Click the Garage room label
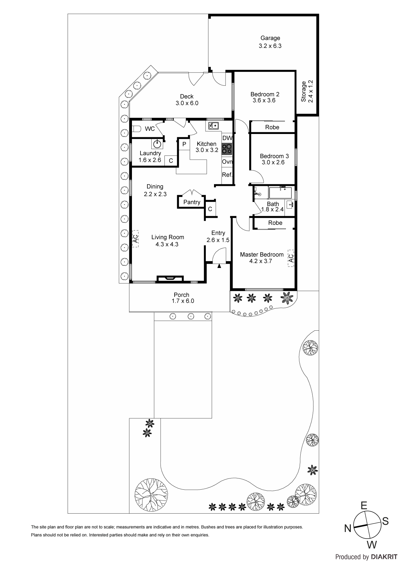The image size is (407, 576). pyautogui.click(x=270, y=38)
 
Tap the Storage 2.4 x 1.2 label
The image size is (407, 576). pyautogui.click(x=307, y=91)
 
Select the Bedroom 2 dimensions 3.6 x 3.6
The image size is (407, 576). pyautogui.click(x=264, y=100)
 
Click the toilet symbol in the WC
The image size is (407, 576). pyautogui.click(x=136, y=128)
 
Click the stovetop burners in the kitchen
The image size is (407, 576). pyautogui.click(x=227, y=149)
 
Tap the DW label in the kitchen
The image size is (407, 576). pyautogui.click(x=227, y=138)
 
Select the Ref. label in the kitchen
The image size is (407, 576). pyautogui.click(x=227, y=175)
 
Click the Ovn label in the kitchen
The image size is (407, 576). pyautogui.click(x=227, y=162)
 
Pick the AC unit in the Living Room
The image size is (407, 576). pyautogui.click(x=135, y=238)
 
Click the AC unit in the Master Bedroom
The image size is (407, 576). pyautogui.click(x=290, y=256)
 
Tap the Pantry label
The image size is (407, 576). pyautogui.click(x=192, y=202)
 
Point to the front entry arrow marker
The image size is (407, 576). pyautogui.click(x=219, y=266)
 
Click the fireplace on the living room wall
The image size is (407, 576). pyautogui.click(x=170, y=278)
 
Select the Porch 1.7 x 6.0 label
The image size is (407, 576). pyautogui.click(x=182, y=298)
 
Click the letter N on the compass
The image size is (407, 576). pyautogui.click(x=348, y=528)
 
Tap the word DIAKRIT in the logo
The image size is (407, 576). pyautogui.click(x=384, y=557)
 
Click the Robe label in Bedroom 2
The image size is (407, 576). pyautogui.click(x=272, y=127)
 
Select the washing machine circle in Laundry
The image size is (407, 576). pyautogui.click(x=158, y=144)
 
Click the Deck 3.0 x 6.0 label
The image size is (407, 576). pyautogui.click(x=187, y=100)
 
